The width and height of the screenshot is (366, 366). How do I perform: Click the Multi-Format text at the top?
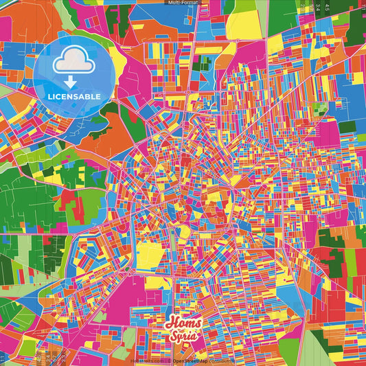183,3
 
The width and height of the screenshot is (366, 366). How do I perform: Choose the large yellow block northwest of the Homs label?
150,251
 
